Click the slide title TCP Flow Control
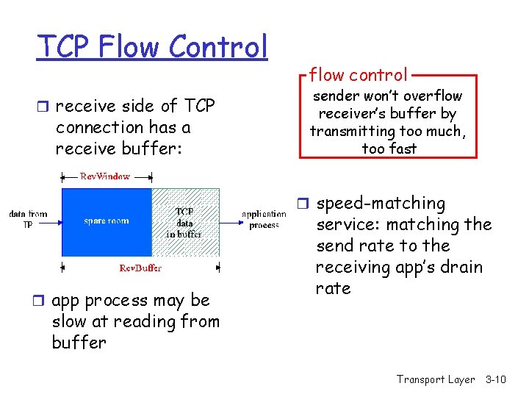point(153,47)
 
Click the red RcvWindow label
point(105,176)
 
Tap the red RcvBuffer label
point(140,268)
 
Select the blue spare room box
point(107,221)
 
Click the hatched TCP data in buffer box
point(185,222)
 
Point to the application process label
point(264,220)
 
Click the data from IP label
point(28,219)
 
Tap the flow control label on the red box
point(358,74)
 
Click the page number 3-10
point(496,379)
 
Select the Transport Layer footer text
point(436,379)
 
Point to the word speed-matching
point(381,203)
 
